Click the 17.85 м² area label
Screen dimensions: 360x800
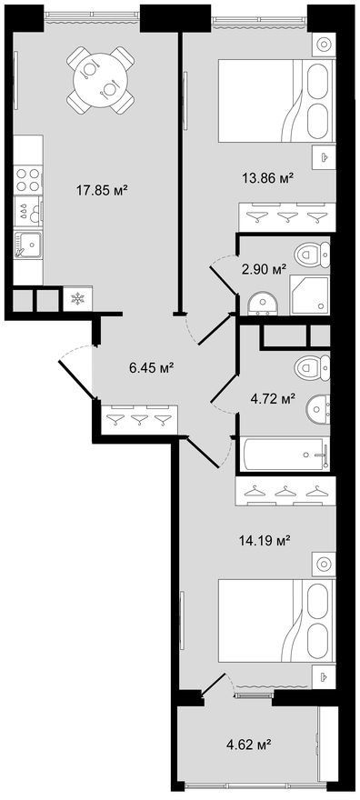pos(101,191)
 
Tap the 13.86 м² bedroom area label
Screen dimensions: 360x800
pos(267,178)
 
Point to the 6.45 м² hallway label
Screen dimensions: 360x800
pos(153,367)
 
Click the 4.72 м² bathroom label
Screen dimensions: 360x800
pos(274,398)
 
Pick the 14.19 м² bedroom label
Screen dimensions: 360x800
pos(265,539)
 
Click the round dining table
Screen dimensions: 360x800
pos(100,80)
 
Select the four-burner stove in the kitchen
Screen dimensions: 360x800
pos(28,180)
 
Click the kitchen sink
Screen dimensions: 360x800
pos(28,244)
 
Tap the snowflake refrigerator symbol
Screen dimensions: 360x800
pos(77,298)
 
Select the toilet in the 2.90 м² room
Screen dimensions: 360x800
pos(312,253)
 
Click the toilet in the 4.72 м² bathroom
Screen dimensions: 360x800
pos(312,366)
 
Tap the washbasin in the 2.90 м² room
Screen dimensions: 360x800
pos(262,303)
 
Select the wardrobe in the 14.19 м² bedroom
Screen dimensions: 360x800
pos(285,491)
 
